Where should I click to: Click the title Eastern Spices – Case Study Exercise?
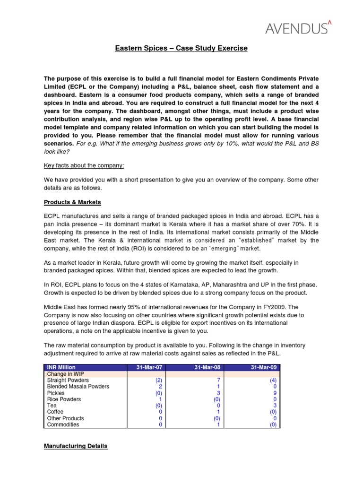pos(181,49)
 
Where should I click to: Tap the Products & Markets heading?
pos(72,202)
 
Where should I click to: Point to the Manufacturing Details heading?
pos(76,446)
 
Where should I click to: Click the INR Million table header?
pos(61,367)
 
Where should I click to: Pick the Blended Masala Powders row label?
pos(78,387)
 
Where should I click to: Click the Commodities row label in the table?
pos(63,424)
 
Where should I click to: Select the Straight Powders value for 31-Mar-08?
pos(218,380)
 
